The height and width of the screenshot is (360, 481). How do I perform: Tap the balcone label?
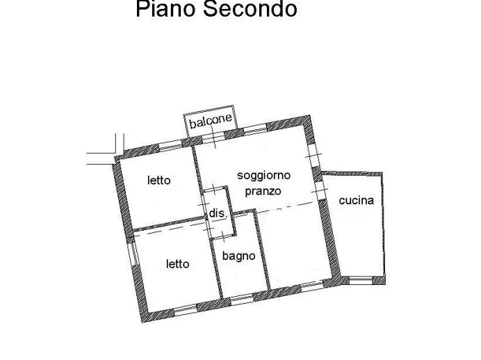pyautogui.click(x=210, y=120)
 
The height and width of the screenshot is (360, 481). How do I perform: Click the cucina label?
pyautogui.click(x=357, y=201)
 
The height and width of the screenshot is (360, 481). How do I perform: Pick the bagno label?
pyautogui.click(x=239, y=256)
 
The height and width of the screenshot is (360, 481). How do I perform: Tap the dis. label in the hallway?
pyautogui.click(x=217, y=214)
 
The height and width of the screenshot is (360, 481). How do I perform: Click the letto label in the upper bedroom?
pyautogui.click(x=158, y=181)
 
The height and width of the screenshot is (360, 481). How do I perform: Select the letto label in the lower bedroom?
pyautogui.click(x=177, y=264)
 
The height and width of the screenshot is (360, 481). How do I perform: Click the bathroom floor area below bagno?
pyautogui.click(x=243, y=278)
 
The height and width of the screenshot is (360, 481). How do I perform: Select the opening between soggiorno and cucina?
pyautogui.click(x=320, y=188)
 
